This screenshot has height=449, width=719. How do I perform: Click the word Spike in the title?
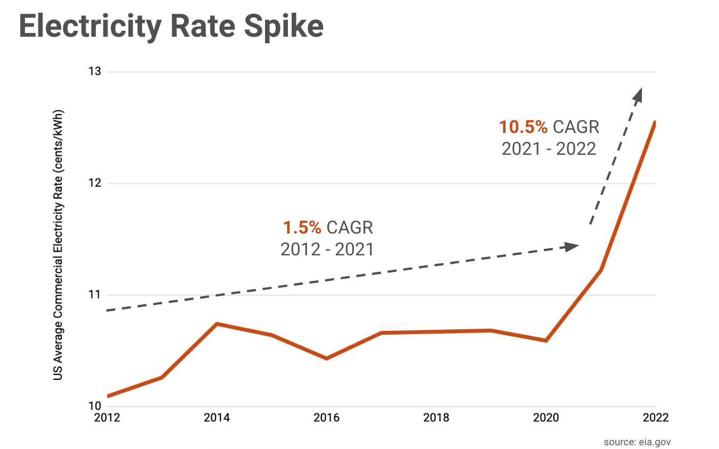(283, 27)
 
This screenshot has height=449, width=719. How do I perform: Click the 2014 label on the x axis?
(217, 418)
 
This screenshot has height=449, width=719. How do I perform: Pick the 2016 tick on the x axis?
(326, 418)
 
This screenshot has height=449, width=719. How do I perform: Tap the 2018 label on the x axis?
(436, 418)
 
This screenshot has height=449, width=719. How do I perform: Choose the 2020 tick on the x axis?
(546, 418)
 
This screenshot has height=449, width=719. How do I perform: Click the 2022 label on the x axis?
(655, 418)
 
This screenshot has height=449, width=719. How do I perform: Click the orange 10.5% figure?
(523, 127)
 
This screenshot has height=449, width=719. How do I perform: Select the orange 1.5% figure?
(302, 228)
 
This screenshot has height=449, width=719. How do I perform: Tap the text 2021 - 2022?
(549, 148)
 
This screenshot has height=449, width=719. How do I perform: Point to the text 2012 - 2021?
(327, 249)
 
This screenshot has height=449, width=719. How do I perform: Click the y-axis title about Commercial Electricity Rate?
(59, 245)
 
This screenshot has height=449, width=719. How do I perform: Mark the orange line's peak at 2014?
(217, 323)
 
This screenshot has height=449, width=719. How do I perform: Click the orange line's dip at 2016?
(326, 359)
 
